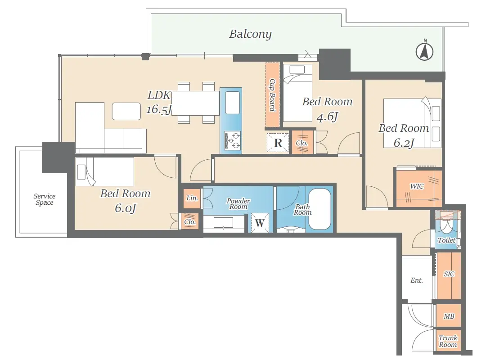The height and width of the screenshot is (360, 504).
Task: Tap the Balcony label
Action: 250,34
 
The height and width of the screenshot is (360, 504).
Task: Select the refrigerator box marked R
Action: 278,142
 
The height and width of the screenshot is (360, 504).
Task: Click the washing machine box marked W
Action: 260,222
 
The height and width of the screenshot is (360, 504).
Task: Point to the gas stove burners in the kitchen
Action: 232,140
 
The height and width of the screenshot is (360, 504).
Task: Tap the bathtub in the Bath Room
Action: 320,209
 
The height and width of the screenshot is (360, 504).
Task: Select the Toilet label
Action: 446,240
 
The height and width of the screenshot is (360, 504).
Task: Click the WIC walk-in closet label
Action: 417,186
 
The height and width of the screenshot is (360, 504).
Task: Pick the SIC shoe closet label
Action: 449,274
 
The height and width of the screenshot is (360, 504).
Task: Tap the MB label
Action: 449,316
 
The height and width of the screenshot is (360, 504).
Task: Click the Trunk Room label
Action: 448,342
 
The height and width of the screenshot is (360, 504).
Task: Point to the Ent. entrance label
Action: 417,280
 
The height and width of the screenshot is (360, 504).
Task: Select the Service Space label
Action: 45,199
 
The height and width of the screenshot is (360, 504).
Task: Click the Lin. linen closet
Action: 192,198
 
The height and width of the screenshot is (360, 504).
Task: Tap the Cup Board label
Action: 273,95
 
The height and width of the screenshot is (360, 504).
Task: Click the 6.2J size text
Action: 404,143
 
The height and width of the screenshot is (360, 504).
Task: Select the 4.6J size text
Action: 327,117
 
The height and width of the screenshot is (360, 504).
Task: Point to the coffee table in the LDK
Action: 126,111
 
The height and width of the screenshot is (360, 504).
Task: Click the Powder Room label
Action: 238,204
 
